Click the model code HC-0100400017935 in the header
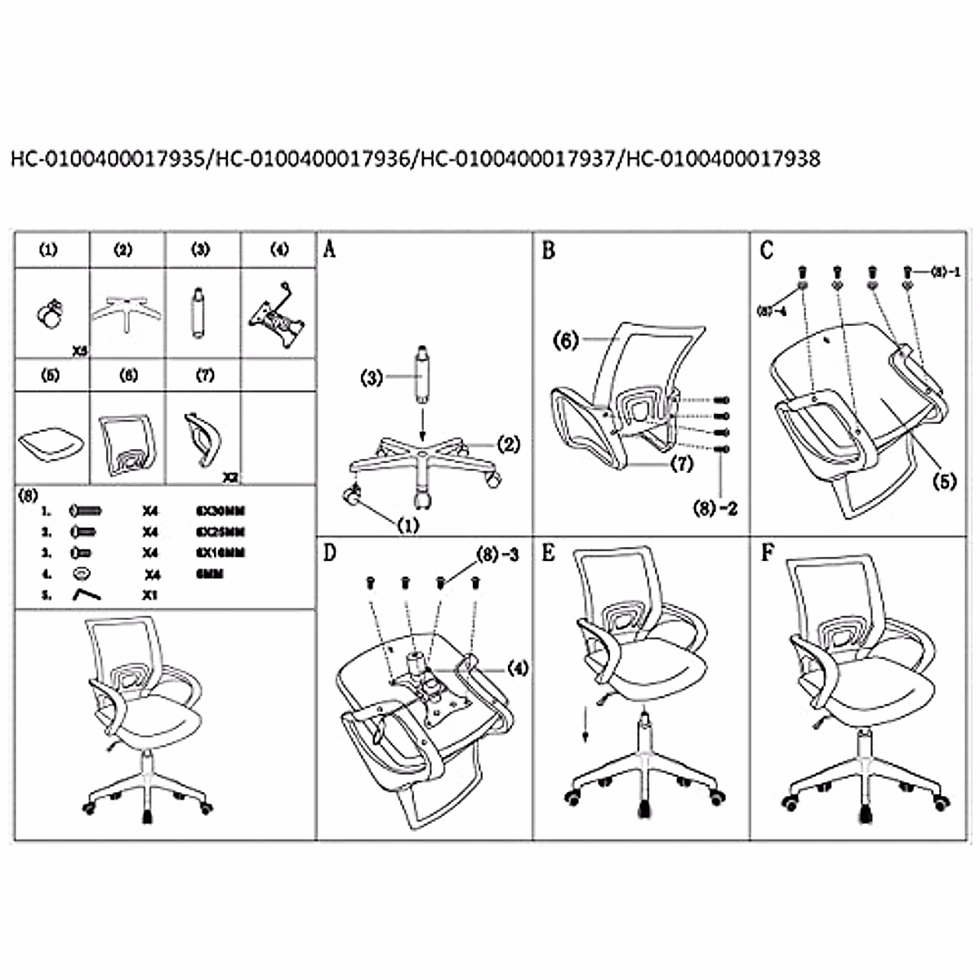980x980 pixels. pos(109,158)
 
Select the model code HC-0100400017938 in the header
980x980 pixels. pos(721,158)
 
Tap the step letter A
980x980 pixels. pos(329,249)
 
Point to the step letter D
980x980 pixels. pos(329,553)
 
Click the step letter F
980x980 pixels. pos(767,553)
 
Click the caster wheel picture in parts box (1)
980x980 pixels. pos(51,314)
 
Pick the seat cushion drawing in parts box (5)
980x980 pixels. pos(51,442)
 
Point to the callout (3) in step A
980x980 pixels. pos(372,377)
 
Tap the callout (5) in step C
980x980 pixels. pos(944,481)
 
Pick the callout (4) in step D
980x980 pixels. pos(517,667)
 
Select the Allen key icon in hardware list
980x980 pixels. pos(86,595)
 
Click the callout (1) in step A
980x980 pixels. pos(407,524)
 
